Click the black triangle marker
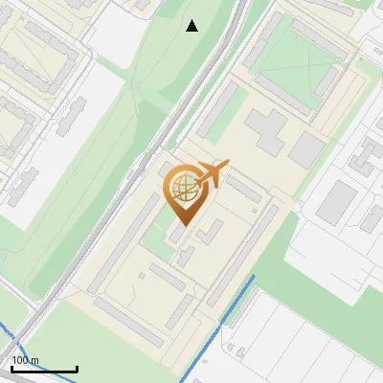tap(192, 26)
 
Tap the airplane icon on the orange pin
tap(211, 175)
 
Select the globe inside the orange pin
tap(182, 189)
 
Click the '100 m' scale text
tap(26, 360)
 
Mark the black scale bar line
tap(44, 369)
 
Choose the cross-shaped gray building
tap(266, 130)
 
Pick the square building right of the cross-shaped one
tap(307, 149)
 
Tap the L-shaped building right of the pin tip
tap(212, 233)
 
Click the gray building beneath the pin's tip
tap(178, 236)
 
